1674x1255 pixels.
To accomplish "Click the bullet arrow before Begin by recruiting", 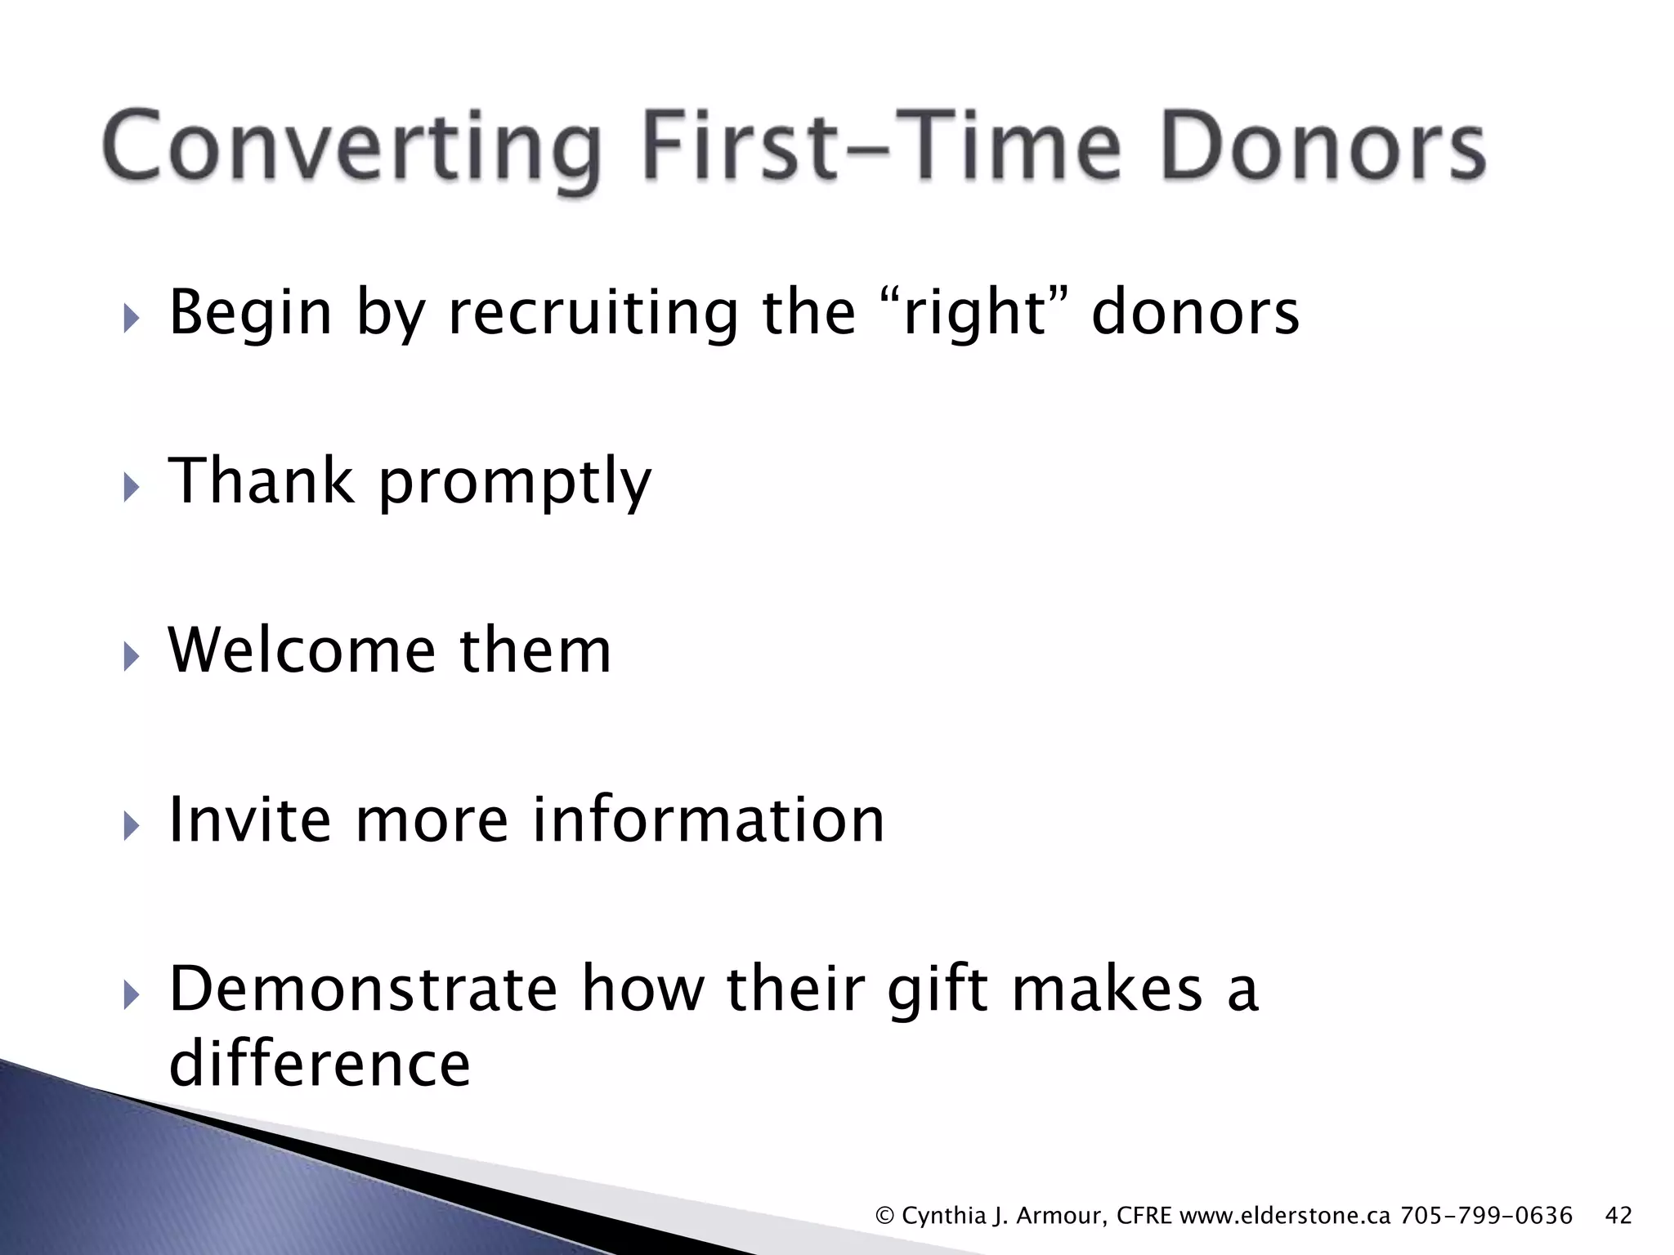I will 131,317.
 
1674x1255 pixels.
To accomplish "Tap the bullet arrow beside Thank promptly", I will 131,487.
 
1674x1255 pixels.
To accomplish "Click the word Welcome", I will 302,650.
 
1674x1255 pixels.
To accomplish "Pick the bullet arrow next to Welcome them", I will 131,656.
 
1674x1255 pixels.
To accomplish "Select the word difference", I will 320,1064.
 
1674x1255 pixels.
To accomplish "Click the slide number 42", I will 1618,1216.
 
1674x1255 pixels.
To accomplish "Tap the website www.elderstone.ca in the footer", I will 1286,1216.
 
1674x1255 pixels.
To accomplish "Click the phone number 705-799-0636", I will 1486,1216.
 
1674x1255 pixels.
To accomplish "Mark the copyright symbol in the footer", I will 884,1216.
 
